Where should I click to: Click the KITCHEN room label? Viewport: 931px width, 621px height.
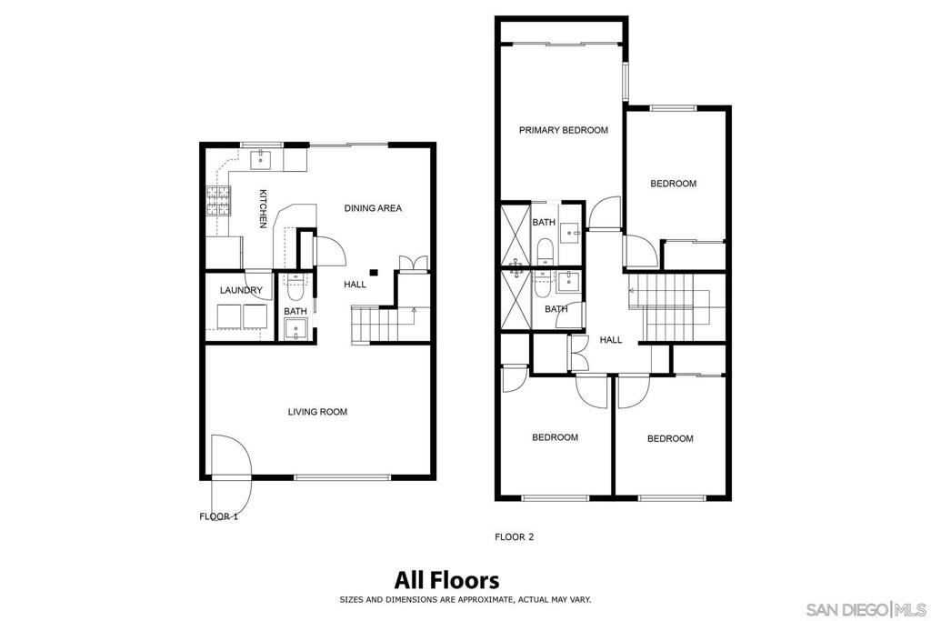pyautogui.click(x=263, y=208)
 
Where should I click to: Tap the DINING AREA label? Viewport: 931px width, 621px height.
pyautogui.click(x=373, y=208)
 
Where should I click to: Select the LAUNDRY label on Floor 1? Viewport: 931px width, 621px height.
pyautogui.click(x=241, y=290)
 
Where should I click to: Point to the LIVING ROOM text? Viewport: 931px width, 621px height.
pyautogui.click(x=317, y=412)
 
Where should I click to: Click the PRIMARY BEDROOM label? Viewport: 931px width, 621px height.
pyautogui.click(x=564, y=130)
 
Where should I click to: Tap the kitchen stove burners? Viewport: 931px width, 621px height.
pyautogui.click(x=218, y=201)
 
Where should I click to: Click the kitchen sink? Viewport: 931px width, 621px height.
pyautogui.click(x=260, y=159)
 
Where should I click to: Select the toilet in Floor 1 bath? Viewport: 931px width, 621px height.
pyautogui.click(x=295, y=288)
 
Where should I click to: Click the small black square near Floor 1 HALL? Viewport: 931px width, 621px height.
pyautogui.click(x=374, y=273)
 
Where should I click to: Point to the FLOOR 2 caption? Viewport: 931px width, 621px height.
pyautogui.click(x=515, y=536)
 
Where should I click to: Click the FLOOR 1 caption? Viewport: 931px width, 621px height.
pyautogui.click(x=218, y=516)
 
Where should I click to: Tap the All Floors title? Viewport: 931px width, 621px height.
pyautogui.click(x=447, y=579)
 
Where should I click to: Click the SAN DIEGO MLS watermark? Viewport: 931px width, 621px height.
pyautogui.click(x=866, y=609)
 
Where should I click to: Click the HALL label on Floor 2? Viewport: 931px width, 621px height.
pyautogui.click(x=611, y=339)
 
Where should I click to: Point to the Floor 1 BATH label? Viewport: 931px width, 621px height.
pyautogui.click(x=295, y=311)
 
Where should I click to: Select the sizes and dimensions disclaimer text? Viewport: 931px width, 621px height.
pyautogui.click(x=465, y=599)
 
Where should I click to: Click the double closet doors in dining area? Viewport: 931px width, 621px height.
pyautogui.click(x=413, y=263)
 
